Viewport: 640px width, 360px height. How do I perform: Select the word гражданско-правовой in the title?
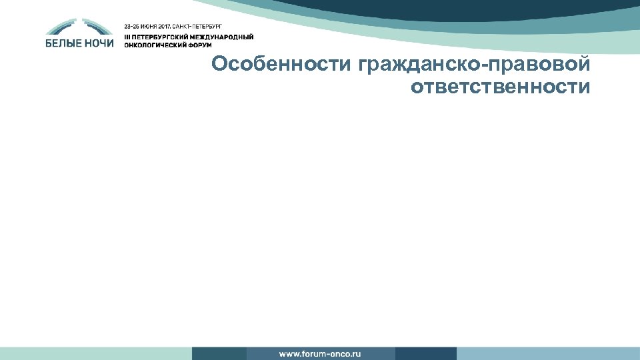coord(474,65)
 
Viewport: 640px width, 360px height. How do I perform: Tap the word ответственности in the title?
coord(501,87)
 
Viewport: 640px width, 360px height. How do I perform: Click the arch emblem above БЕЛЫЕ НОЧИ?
coord(79,27)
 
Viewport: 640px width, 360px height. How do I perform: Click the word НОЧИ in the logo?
coord(99,43)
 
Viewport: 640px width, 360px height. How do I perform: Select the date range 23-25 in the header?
coord(133,25)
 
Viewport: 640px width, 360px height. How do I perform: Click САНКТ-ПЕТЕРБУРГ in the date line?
coord(198,25)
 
